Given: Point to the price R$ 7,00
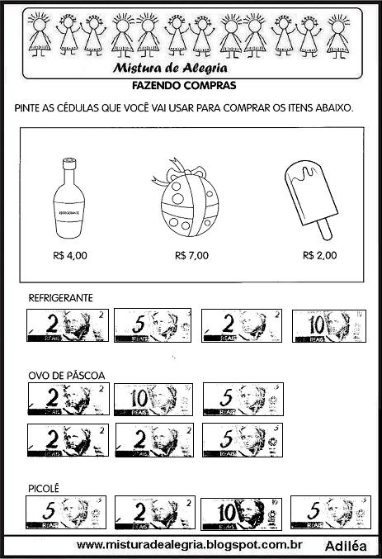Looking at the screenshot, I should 191,255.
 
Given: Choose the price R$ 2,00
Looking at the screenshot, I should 319,255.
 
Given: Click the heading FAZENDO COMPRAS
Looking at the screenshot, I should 184,85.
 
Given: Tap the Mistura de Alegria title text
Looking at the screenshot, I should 183,67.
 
